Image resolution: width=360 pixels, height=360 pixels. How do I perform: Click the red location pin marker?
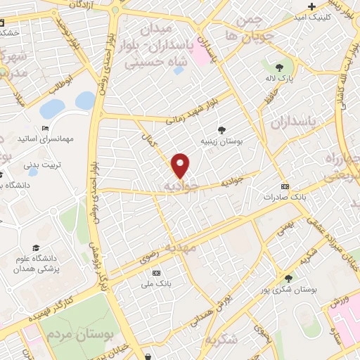point(181,165)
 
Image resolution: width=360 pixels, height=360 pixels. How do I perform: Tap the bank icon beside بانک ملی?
point(156,273)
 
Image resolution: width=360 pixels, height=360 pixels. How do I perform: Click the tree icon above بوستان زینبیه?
point(222,130)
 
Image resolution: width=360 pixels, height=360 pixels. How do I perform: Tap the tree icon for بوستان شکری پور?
point(288,278)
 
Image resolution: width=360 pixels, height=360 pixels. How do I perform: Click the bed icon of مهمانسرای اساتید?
point(46,129)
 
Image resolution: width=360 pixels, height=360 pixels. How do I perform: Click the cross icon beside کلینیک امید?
point(311,6)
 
